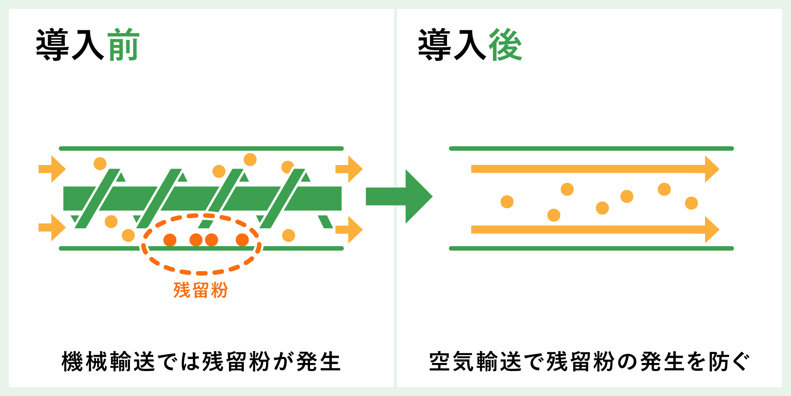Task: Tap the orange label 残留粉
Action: tap(201, 290)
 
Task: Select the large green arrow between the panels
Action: tap(399, 196)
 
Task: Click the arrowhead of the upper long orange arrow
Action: tap(712, 169)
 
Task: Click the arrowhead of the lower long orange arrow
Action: tap(712, 230)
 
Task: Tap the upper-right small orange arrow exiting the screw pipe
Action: tap(349, 169)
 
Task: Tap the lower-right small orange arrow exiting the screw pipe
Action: tap(349, 230)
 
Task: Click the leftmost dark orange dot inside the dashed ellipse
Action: tap(170, 240)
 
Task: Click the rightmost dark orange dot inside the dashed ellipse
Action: tap(242, 240)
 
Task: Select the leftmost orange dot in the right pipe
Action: tap(507, 202)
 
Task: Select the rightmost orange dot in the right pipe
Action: tap(691, 203)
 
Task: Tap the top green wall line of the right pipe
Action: tap(591, 148)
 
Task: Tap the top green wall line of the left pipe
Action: tap(201, 148)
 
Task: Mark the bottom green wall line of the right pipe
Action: tap(591, 248)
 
